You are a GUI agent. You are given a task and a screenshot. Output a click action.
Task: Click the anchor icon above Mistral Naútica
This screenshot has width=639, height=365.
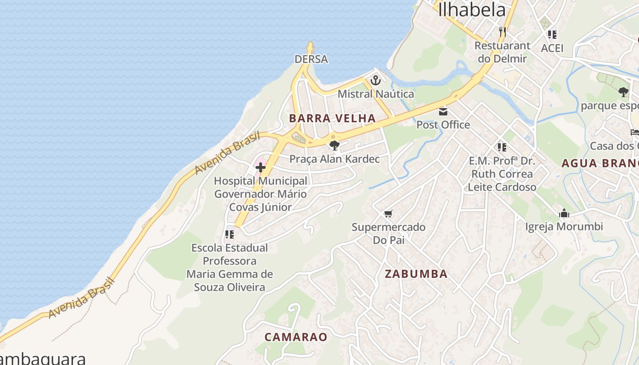coord(375,81)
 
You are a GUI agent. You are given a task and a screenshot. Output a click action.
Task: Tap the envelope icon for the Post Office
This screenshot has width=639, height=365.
coord(443,112)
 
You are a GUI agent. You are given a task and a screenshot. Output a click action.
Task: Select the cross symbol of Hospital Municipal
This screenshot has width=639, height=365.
coord(261,167)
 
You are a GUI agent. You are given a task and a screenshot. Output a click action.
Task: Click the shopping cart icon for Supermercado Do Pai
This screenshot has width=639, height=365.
coord(388,214)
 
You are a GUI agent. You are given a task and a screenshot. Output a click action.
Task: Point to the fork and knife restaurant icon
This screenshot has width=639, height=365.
coord(503,31)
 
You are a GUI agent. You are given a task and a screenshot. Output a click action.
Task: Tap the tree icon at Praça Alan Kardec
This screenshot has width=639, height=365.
coord(334,146)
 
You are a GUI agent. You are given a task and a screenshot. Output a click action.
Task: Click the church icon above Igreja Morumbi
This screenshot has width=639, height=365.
coord(564,213)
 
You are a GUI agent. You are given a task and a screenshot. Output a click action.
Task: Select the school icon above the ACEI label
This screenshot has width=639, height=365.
coord(552,34)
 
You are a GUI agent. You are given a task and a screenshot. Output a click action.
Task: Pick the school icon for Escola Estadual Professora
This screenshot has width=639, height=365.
coord(230,235)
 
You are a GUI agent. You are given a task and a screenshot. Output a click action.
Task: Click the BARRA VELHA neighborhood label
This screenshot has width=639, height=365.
coord(332,119)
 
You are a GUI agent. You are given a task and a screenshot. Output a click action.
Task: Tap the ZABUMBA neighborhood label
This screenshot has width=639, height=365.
coord(416,274)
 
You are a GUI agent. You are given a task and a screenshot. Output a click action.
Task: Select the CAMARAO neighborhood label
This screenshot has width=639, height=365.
coord(296,337)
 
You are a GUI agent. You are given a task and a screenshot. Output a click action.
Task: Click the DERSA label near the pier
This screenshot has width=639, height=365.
coord(311,59)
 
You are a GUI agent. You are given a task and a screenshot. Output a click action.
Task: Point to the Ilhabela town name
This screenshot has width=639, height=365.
coord(472,10)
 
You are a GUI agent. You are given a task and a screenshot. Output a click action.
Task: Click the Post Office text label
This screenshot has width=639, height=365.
coord(443,125)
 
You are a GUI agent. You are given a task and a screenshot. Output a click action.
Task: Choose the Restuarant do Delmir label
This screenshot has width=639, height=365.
coord(503,52)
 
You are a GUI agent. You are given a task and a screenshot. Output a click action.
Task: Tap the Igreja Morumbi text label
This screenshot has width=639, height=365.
coord(564,227)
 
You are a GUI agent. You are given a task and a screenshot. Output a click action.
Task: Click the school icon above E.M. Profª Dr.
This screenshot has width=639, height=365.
coord(502,147)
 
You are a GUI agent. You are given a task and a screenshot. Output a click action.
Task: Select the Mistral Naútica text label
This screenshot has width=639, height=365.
coord(376,94)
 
